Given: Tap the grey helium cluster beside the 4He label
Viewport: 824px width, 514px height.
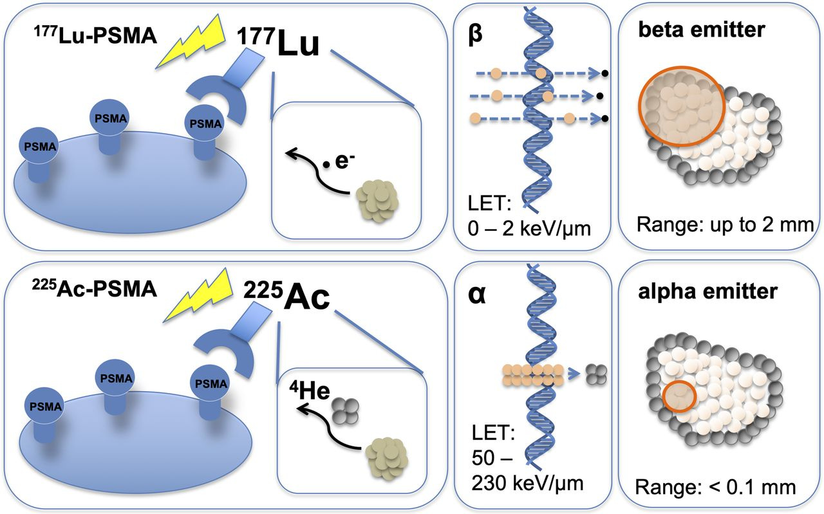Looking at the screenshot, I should pyautogui.click(x=343, y=408).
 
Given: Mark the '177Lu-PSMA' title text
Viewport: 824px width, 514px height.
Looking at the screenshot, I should pyautogui.click(x=95, y=36).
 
